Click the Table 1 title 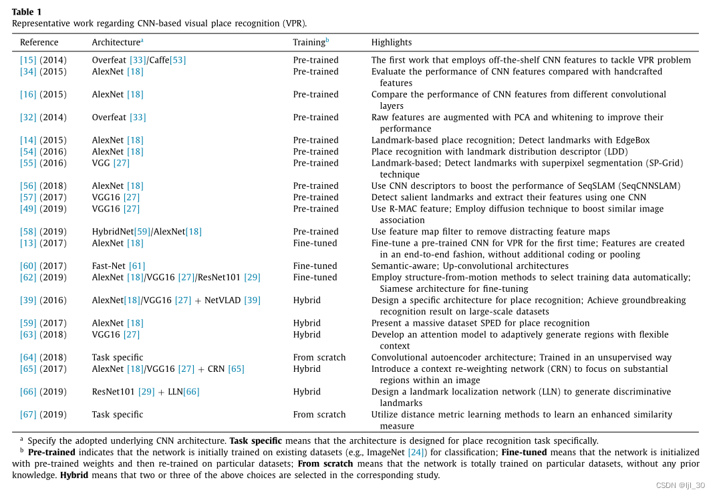tap(26, 12)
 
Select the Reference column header tap(39, 43)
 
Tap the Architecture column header tap(117, 43)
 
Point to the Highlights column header tap(392, 43)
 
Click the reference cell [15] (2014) tap(43, 60)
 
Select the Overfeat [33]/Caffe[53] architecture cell tap(139, 60)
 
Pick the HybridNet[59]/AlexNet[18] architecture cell tap(146, 232)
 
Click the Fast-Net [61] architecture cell tap(118, 266)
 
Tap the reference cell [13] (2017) tap(43, 243)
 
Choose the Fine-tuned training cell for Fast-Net tap(315, 266)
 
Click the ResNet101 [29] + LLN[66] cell tap(146, 392)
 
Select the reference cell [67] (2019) tap(43, 415)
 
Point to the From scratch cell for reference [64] tap(319, 357)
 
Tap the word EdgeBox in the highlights tap(631, 140)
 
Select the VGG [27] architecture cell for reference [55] tap(111, 163)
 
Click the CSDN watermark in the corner tap(680, 485)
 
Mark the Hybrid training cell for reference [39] tap(307, 300)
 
